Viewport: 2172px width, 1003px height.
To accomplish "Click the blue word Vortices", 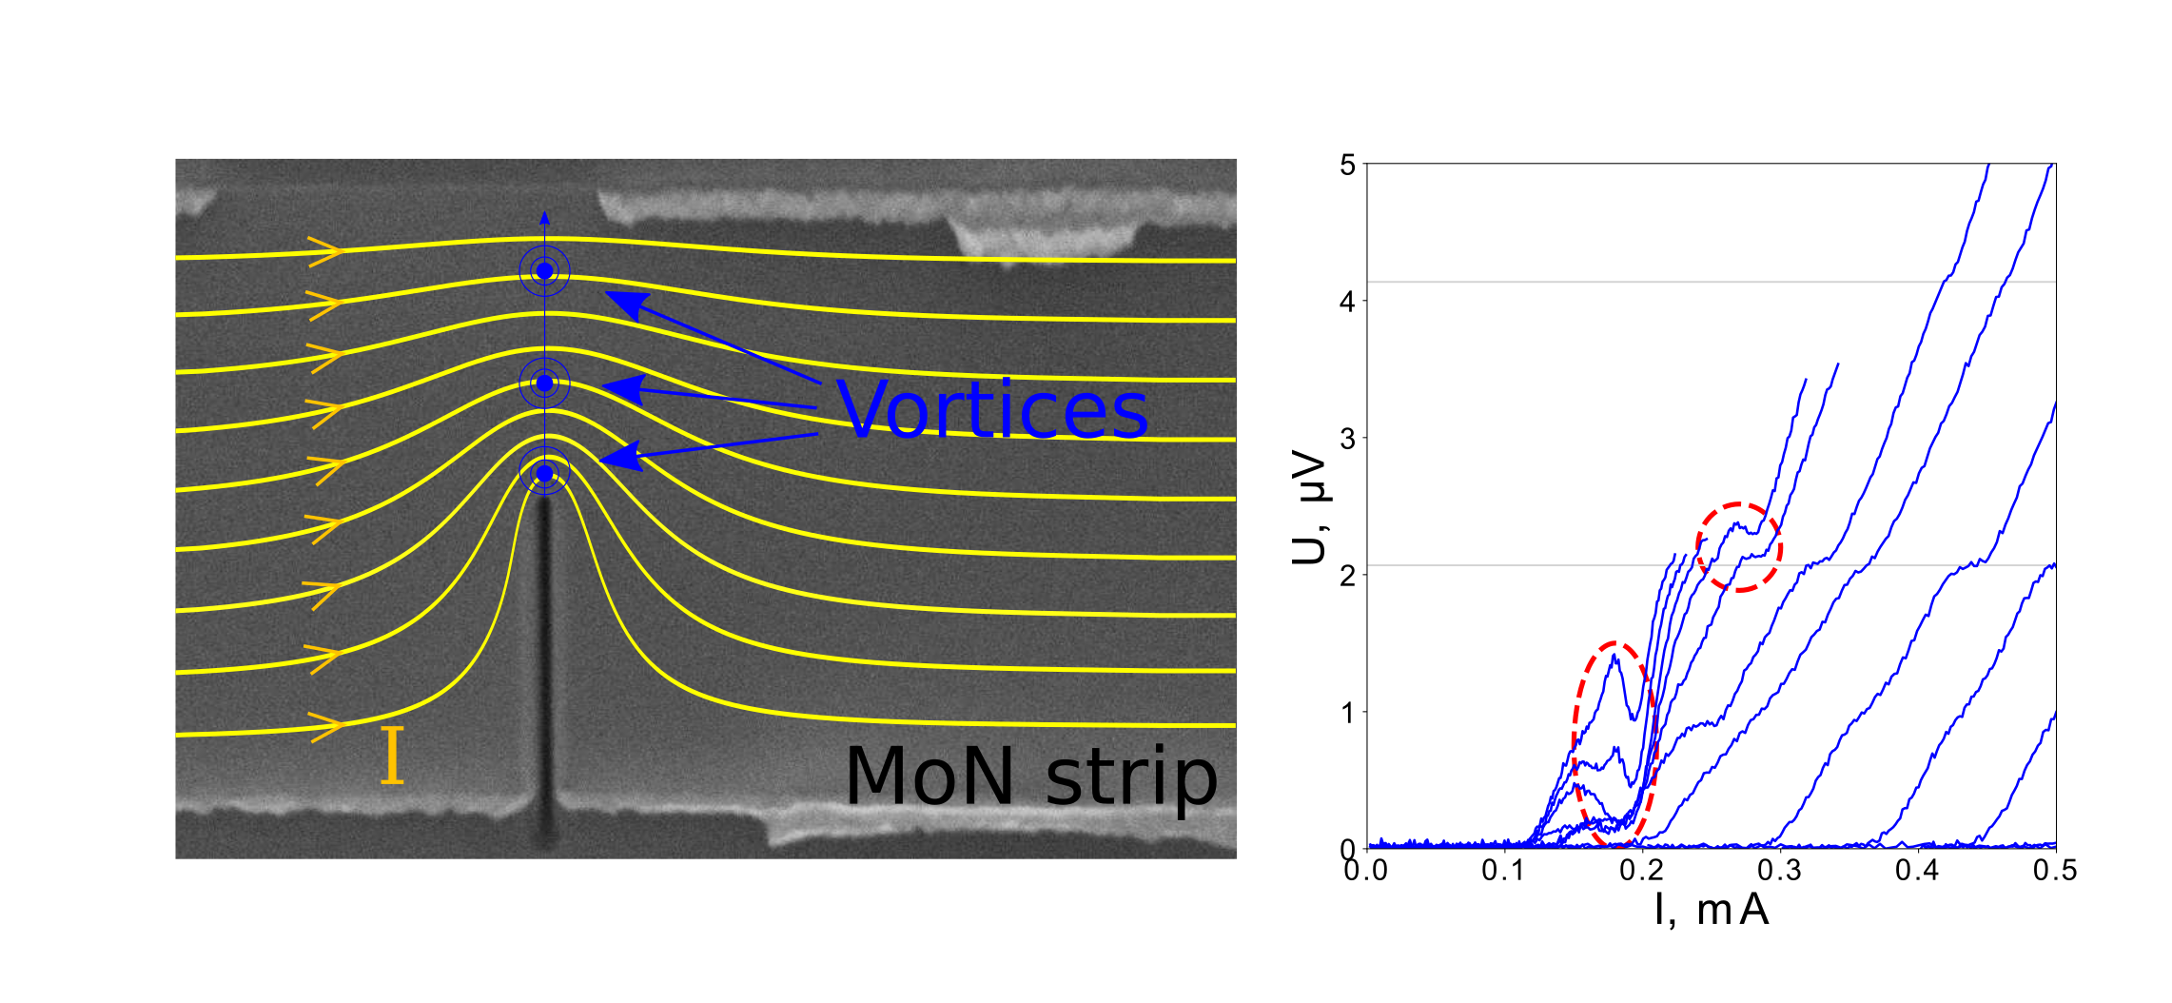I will [992, 410].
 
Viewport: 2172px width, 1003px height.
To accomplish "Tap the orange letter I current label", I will [392, 756].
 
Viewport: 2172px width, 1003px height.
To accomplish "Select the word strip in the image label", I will [1131, 778].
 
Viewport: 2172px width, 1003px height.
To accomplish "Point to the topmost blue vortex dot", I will [544, 271].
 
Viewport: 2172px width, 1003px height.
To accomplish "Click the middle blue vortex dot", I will [544, 383].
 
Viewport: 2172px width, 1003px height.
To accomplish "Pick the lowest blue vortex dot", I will [544, 473].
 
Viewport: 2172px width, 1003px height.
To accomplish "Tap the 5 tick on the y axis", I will [1347, 166].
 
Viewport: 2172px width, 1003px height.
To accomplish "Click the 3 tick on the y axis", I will [1347, 439].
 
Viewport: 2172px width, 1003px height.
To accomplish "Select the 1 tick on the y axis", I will [1347, 713].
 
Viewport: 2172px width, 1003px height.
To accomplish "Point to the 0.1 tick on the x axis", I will [1503, 871].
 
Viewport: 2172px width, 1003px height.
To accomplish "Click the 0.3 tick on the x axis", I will [1779, 871].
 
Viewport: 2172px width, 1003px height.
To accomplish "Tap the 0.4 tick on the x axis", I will [1917, 871].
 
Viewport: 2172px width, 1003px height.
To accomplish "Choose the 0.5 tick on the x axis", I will [2055, 871].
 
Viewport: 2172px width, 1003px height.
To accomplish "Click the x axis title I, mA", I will [1712, 911].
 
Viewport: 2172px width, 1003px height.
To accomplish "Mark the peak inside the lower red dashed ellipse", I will [1614, 656].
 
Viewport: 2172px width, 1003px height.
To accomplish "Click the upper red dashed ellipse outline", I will [1739, 504].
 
